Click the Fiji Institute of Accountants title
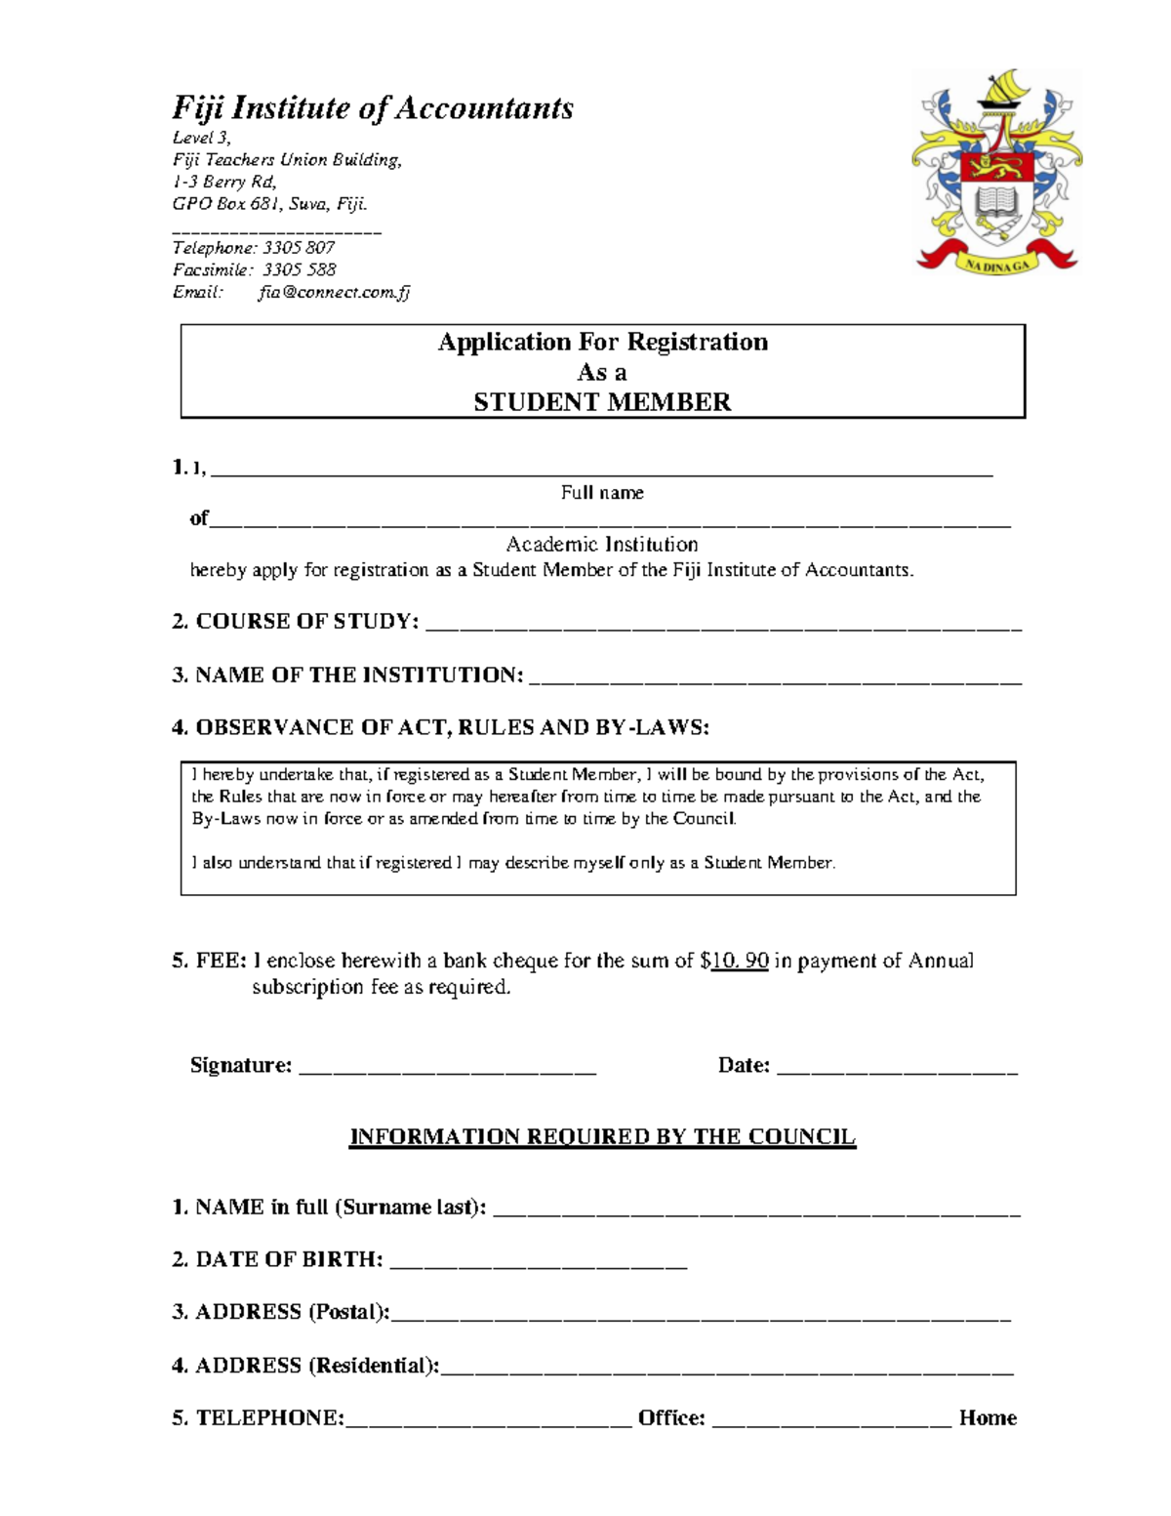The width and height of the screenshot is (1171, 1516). coord(372,107)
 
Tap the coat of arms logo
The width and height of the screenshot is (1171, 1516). coord(996,174)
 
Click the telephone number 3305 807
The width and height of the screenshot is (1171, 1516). coord(298,248)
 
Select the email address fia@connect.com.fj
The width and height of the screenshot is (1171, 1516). coord(334,292)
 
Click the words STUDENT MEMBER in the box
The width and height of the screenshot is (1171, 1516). coord(602,402)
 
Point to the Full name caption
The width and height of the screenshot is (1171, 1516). coord(602,493)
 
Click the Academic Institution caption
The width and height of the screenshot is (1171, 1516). coord(602,545)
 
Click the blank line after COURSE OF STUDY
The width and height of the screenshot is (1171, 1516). coord(723,627)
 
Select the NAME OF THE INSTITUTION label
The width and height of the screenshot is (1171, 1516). coord(347,675)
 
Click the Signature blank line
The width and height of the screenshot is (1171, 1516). coord(447,1070)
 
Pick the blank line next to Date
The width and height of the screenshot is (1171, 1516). coord(897,1070)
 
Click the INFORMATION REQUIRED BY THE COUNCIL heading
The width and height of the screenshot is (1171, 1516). coord(602,1137)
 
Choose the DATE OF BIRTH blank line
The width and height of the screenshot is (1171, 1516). coord(539,1264)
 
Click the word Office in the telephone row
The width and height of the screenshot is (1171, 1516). coord(671,1418)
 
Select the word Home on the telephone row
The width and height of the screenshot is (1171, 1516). coord(988,1418)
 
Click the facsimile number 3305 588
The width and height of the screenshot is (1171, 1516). coord(299,269)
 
